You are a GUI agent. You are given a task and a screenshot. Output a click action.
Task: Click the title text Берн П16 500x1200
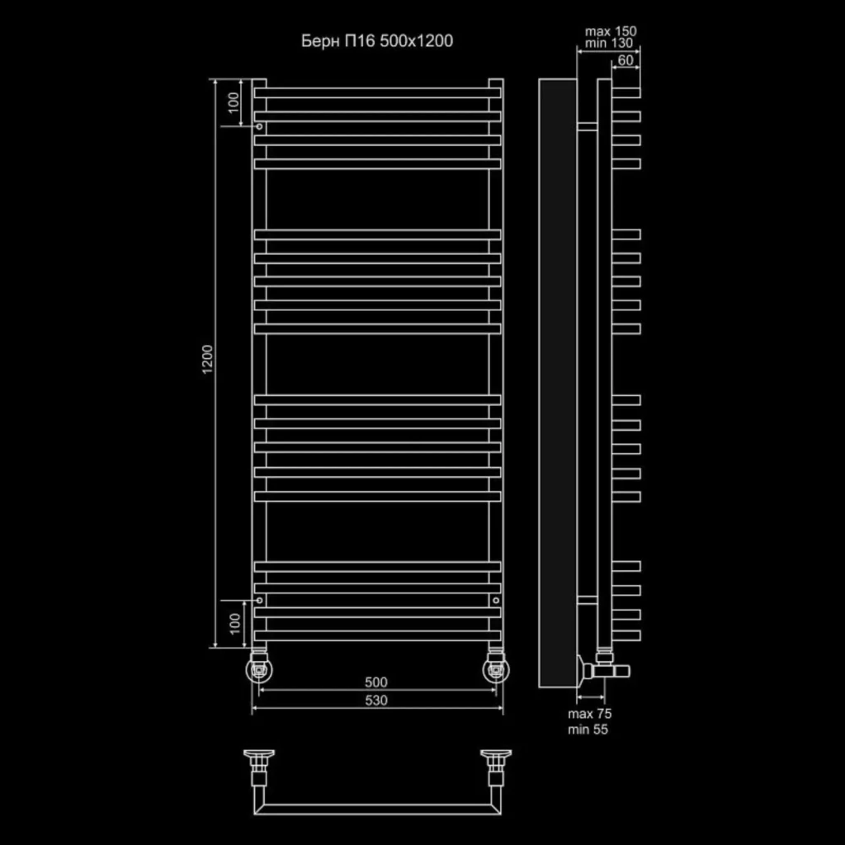[x=376, y=41]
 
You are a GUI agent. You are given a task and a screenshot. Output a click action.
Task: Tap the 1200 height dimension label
[x=207, y=360]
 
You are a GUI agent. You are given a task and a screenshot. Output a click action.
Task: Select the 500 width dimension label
[x=375, y=682]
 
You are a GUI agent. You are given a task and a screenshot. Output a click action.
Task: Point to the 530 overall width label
[x=375, y=700]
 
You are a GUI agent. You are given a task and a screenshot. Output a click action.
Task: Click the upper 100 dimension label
[x=233, y=102]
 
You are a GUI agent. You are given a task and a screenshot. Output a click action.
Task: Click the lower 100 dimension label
[x=235, y=624]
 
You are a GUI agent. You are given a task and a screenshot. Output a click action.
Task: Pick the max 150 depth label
[x=611, y=31]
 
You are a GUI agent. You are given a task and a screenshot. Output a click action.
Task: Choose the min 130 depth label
[x=609, y=43]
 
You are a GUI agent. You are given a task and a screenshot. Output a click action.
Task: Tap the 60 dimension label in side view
[x=625, y=59]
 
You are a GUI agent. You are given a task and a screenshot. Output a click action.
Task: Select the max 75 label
[x=589, y=714]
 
